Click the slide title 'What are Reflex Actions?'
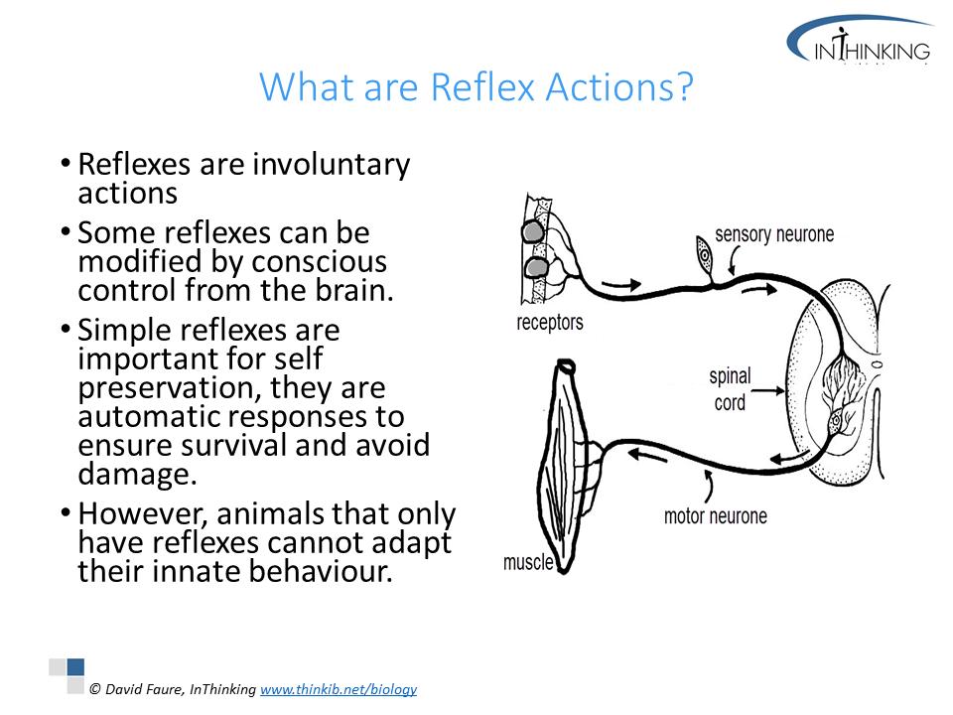(x=476, y=86)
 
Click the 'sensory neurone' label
(x=774, y=234)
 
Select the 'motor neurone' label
(x=716, y=516)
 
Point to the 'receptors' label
(x=549, y=322)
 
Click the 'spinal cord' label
(x=730, y=389)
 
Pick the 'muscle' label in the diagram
(x=527, y=562)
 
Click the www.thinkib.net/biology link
(x=339, y=689)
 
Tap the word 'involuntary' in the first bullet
(x=332, y=165)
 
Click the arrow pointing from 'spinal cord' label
(x=770, y=390)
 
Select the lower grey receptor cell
(x=536, y=267)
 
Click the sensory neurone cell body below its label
(x=704, y=254)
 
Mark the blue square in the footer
(x=76, y=667)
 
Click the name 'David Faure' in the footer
(x=143, y=689)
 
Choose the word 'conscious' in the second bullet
(x=319, y=261)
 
